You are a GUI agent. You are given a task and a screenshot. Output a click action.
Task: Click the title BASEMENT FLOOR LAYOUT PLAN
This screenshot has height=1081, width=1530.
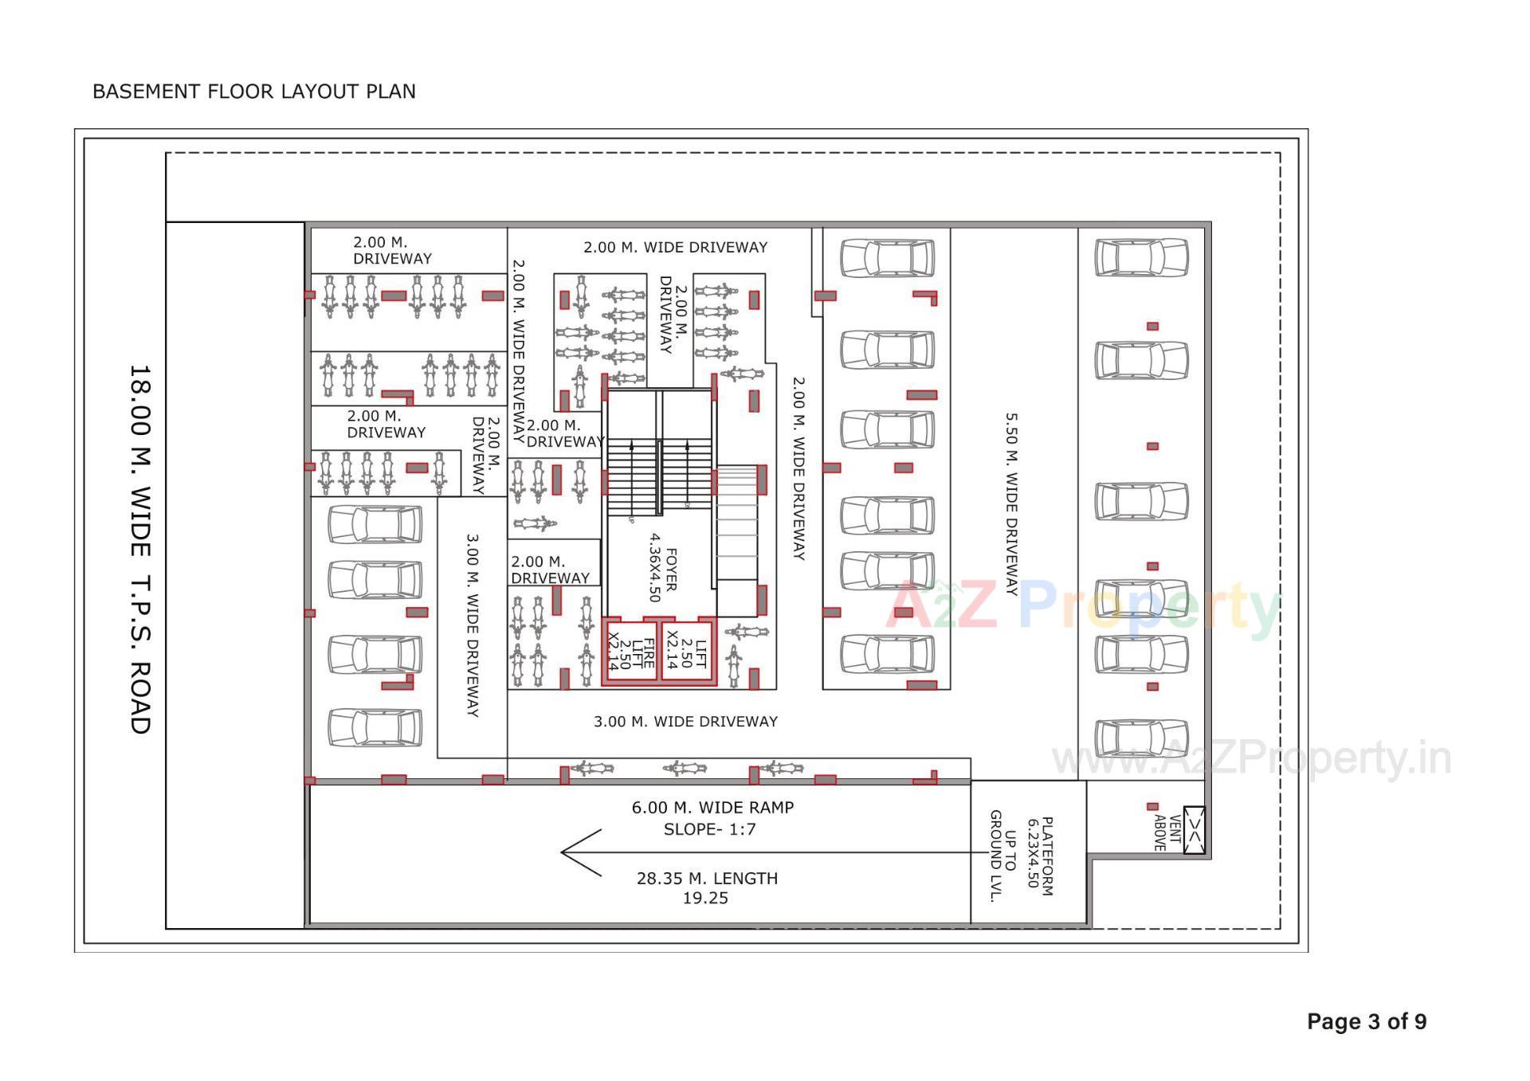pos(253,92)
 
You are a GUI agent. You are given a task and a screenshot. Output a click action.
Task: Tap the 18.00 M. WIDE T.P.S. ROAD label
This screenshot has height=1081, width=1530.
pos(139,549)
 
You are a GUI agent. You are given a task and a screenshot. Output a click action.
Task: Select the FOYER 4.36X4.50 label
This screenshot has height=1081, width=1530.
pos(661,568)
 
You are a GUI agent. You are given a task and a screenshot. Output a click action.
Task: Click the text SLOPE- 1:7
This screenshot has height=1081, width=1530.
pos(709,829)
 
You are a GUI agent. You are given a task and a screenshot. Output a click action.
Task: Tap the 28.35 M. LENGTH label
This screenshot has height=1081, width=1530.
pos(707,878)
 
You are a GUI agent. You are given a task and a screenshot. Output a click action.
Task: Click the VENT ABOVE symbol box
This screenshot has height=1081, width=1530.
pos(1194,831)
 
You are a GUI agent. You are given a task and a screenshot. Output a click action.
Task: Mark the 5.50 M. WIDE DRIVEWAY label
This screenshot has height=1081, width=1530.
pos(1011,503)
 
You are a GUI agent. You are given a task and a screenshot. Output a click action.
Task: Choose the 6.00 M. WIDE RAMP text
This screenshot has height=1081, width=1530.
pos(712,807)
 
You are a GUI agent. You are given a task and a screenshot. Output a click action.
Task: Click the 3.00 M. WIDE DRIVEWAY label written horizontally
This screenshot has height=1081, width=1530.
pos(685,721)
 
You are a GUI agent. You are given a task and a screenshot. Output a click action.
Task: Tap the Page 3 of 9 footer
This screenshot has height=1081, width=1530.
pos(1366,1021)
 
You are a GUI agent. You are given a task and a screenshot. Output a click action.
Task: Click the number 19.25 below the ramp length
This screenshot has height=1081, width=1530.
pos(705,898)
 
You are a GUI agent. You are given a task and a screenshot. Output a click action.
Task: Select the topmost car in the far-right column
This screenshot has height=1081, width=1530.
pos(1141,258)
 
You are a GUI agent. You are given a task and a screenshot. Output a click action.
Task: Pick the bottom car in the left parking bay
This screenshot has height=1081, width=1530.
pos(375,727)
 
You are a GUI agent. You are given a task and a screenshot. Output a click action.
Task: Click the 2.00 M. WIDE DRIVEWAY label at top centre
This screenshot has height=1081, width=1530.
pos(675,247)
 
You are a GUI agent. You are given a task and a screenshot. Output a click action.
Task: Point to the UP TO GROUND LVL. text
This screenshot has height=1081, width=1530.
pos(1002,856)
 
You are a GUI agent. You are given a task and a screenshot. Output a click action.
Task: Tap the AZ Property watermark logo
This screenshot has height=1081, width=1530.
pos(1084,607)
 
